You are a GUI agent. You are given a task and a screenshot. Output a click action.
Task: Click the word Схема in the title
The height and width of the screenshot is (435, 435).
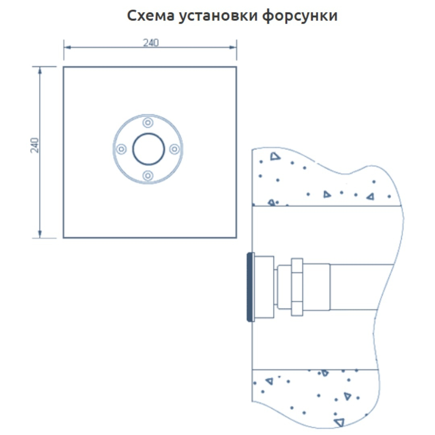pos(151,16)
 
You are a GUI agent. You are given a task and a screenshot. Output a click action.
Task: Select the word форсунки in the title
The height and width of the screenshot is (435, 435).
pos(300,16)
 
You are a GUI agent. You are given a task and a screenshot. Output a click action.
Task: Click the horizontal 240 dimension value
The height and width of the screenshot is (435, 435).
pos(151,43)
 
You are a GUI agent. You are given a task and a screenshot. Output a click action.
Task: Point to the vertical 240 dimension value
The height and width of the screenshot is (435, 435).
pos(35,145)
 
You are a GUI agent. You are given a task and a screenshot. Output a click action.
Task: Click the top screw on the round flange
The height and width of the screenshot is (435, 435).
pos(148,122)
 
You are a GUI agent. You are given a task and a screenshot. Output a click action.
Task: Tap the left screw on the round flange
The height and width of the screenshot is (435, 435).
pos(121,149)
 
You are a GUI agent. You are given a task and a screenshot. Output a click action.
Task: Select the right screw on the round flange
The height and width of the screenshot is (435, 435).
pos(174,149)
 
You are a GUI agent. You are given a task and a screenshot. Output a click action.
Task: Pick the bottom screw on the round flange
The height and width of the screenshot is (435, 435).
pos(148,176)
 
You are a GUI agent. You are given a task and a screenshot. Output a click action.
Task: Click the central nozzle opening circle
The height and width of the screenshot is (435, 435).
pos(148,149)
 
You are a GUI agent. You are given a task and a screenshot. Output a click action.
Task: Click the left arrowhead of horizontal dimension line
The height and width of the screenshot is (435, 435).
pos(67,48)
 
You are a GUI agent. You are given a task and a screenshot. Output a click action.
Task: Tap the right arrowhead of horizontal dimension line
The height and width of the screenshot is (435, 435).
pos(233,48)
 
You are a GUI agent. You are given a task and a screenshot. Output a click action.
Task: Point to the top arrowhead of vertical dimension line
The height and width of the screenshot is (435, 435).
pos(40,70)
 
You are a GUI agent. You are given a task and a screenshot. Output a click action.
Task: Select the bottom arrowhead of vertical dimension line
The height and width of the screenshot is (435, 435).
pos(40,234)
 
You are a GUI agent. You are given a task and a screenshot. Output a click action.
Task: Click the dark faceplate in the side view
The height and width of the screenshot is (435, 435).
pos(250,287)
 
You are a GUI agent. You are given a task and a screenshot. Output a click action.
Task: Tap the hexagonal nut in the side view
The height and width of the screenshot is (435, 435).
pos(297,287)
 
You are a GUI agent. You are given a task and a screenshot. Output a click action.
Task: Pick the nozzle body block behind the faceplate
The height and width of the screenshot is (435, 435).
pos(264,287)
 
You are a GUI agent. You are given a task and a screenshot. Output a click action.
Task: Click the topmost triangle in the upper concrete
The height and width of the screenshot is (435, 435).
pos(275,156)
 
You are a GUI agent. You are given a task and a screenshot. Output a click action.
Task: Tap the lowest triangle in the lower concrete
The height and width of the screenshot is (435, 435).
pos(340,422)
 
